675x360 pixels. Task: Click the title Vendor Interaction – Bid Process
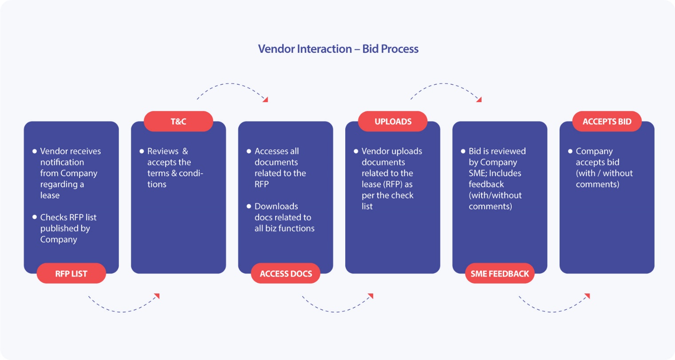click(x=338, y=49)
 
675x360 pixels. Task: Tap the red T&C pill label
click(x=178, y=121)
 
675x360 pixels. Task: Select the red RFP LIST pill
click(x=71, y=273)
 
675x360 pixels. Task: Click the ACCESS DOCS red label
click(x=286, y=273)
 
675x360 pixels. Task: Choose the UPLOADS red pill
click(x=393, y=121)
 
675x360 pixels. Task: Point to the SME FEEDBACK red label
click(x=500, y=273)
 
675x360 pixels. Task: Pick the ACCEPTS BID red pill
click(x=607, y=121)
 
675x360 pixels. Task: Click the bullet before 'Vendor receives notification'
click(x=35, y=151)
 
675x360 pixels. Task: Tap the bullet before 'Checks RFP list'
click(x=35, y=217)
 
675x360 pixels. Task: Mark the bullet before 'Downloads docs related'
click(x=249, y=206)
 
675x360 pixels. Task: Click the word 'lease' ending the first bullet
click(x=50, y=195)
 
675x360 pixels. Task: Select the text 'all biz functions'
click(x=284, y=229)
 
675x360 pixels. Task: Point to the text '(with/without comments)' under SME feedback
click(x=495, y=201)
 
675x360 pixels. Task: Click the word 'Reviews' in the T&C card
click(x=163, y=151)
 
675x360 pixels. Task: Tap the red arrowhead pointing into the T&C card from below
click(x=157, y=296)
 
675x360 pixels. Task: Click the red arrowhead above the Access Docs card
click(x=265, y=99)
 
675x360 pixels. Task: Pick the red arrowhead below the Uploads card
click(x=371, y=296)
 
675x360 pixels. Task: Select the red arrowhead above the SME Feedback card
click(x=479, y=99)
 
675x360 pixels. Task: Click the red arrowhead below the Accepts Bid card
click(x=587, y=296)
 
